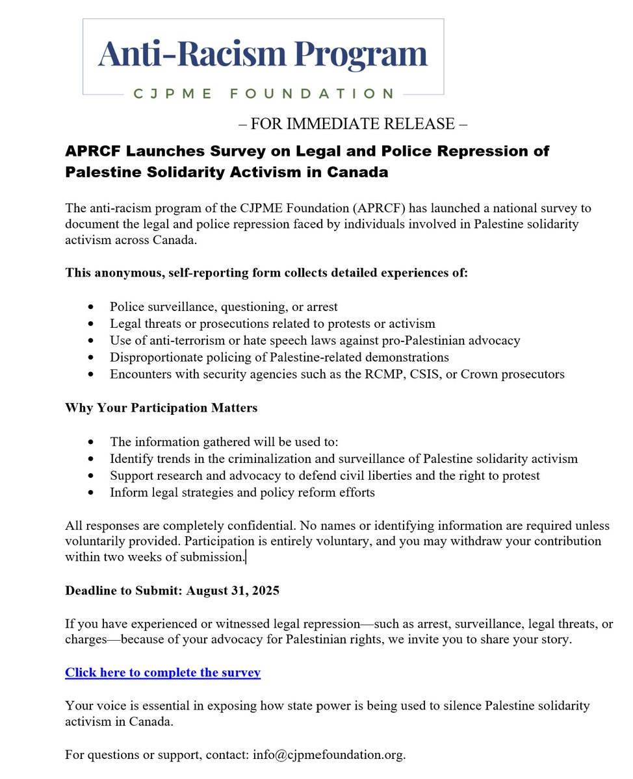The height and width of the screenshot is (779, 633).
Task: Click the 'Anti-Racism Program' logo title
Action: tap(263, 55)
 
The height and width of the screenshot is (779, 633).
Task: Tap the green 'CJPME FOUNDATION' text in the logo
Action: tap(263, 94)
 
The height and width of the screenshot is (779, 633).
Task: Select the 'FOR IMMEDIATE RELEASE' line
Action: tap(353, 123)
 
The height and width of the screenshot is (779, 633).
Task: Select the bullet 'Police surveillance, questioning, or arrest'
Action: tap(224, 306)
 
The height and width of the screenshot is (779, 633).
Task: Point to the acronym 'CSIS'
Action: tap(439, 374)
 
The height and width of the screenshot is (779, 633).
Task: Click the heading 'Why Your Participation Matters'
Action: tap(161, 408)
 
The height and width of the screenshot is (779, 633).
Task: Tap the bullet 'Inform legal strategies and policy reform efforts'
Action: tap(242, 493)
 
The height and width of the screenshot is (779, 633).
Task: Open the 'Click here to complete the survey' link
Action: tap(162, 673)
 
